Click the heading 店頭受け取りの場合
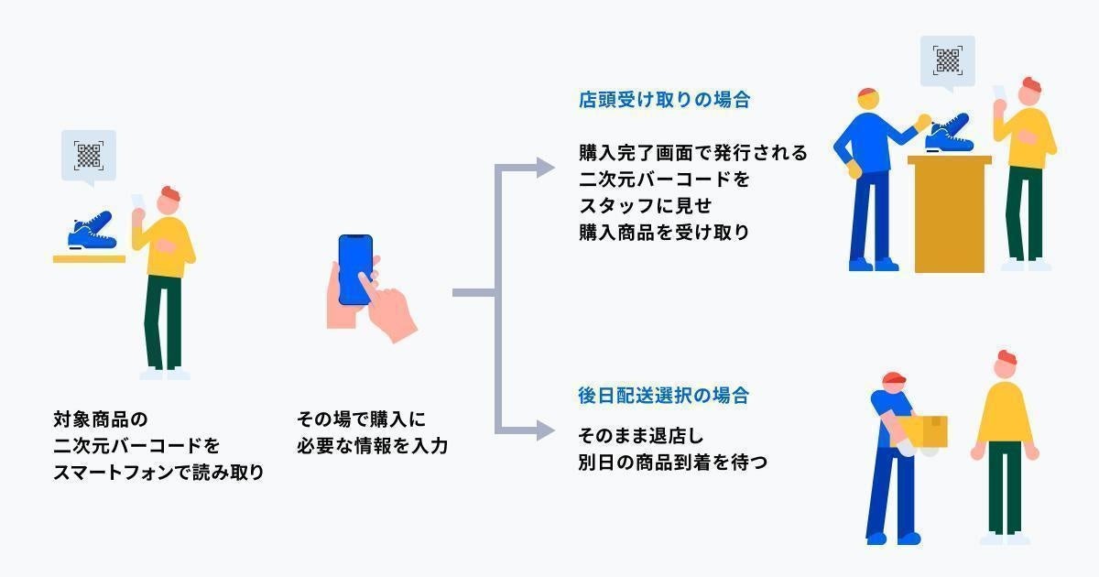click(664, 100)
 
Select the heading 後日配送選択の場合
click(664, 396)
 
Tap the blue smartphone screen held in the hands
click(355, 269)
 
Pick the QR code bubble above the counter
click(947, 61)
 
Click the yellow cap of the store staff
click(867, 97)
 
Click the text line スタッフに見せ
click(645, 204)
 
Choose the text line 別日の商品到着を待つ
click(672, 462)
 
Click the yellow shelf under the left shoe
click(89, 258)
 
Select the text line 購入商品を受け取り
click(664, 232)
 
